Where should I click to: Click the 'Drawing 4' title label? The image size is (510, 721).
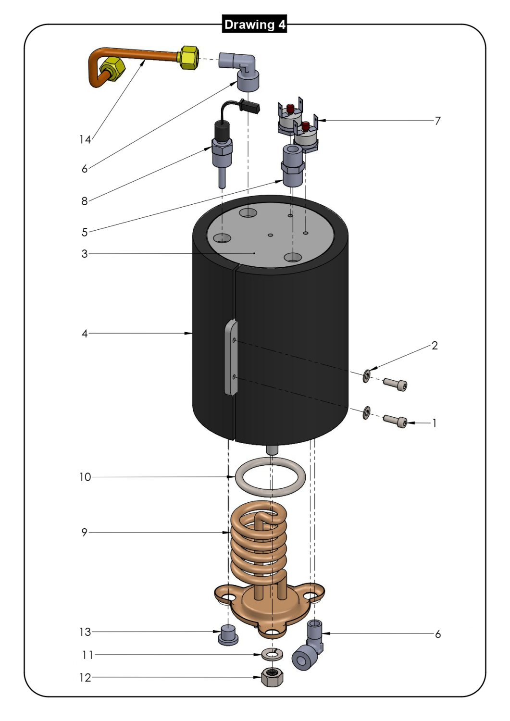[255, 25]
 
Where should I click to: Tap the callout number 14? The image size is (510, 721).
[85, 139]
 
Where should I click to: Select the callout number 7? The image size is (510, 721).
[437, 121]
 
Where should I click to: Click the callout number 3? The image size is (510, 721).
[85, 253]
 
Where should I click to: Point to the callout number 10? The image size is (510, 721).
[85, 477]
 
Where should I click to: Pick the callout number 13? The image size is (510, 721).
[85, 632]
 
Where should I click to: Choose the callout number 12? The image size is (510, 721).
[85, 677]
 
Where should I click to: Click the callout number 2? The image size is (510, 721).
[435, 346]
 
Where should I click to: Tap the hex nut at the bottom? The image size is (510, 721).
[272, 678]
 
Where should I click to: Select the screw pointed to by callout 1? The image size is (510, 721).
[396, 422]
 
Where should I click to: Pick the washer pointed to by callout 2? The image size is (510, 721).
[367, 375]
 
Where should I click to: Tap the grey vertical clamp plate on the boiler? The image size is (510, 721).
[231, 358]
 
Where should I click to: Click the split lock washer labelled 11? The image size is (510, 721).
[273, 654]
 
